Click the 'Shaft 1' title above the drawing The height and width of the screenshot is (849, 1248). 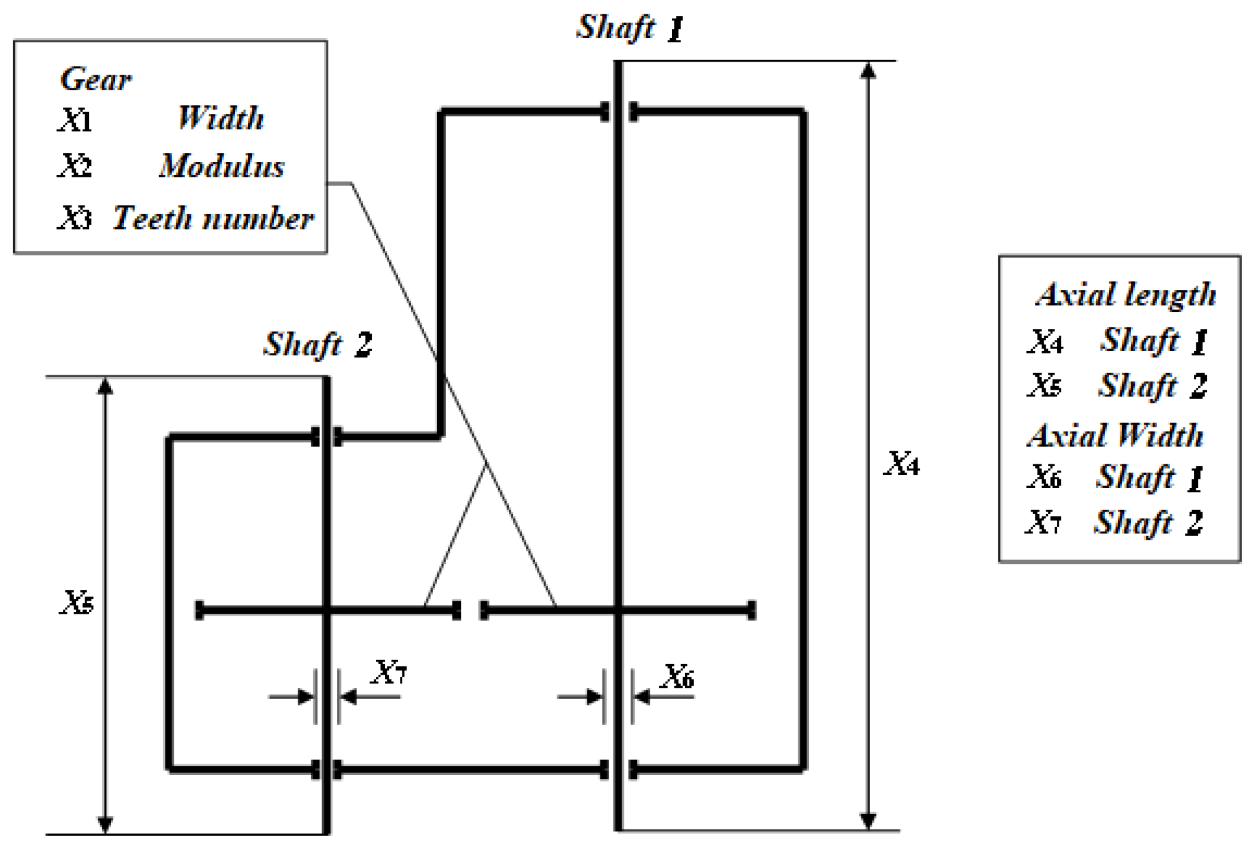[x=630, y=28]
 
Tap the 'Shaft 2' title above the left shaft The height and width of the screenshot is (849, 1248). [x=318, y=344]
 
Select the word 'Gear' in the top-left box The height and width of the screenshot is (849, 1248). [x=96, y=80]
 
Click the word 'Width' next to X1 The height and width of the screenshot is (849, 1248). [x=221, y=118]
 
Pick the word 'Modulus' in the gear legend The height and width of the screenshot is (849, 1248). [x=222, y=166]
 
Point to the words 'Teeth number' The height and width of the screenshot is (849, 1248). [x=213, y=218]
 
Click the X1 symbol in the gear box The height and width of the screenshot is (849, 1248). [x=75, y=120]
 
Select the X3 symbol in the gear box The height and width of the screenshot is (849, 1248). [x=75, y=218]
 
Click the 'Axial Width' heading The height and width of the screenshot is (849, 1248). [x=1115, y=435]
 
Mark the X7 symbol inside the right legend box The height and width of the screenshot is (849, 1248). [x=1044, y=522]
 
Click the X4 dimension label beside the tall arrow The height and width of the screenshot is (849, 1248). [x=902, y=464]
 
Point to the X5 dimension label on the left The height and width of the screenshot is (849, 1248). [x=77, y=603]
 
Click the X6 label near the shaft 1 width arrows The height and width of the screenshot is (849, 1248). [x=678, y=677]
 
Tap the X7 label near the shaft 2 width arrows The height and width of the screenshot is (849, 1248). [x=390, y=672]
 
